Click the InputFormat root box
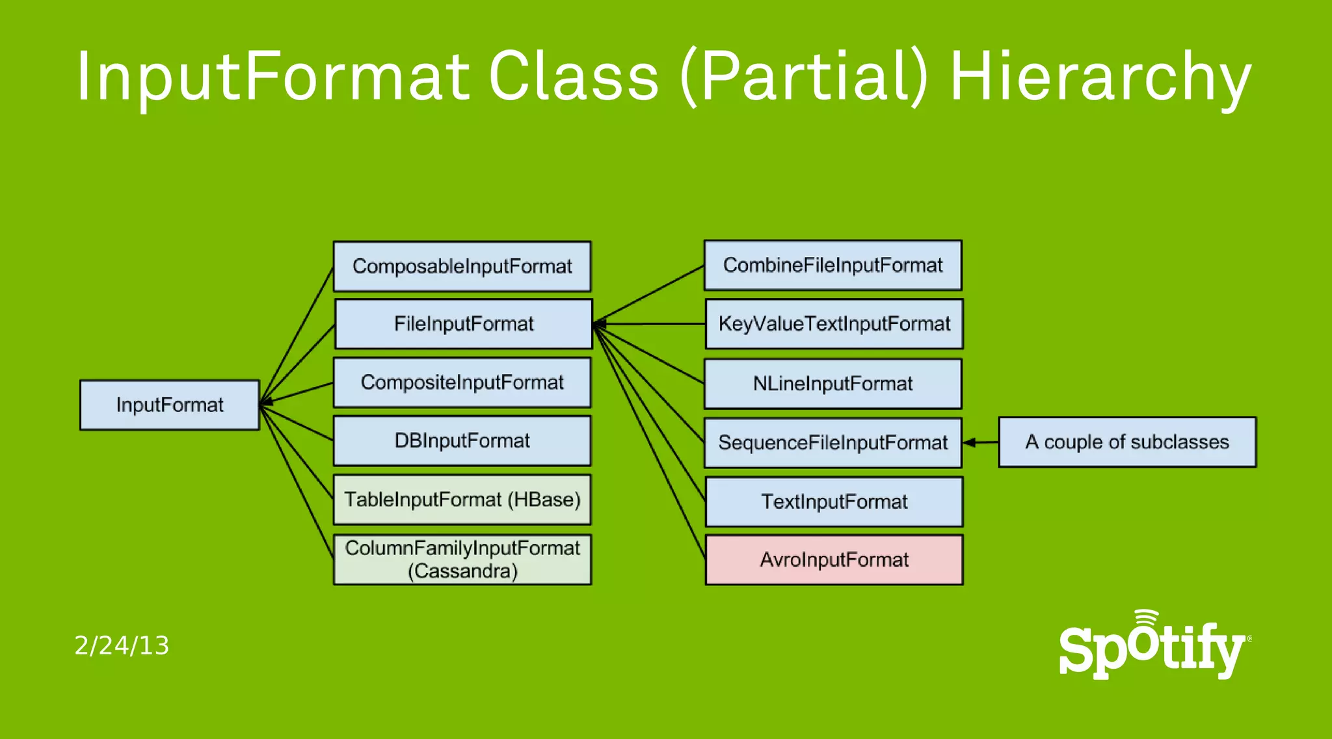tap(169, 405)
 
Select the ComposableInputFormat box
tap(462, 266)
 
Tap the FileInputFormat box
tap(463, 323)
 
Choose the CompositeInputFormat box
tap(462, 382)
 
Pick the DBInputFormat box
tap(462, 440)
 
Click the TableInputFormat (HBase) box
tap(462, 499)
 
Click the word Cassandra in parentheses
tap(462, 571)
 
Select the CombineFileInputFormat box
tap(832, 265)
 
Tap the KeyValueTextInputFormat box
tap(834, 323)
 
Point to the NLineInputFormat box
tap(832, 383)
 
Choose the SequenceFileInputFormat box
tap(832, 442)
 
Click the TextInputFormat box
tap(834, 502)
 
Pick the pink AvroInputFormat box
tap(834, 559)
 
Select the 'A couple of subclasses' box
tap(1126, 442)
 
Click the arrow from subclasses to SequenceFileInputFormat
tap(980, 442)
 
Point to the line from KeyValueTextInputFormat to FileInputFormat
tap(650, 323)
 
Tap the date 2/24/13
tap(122, 645)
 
